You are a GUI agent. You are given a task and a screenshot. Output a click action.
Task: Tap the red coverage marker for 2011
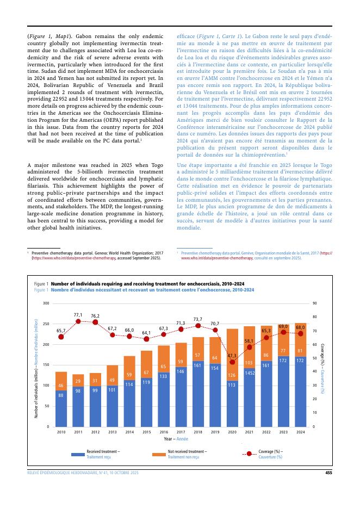tap(78, 321)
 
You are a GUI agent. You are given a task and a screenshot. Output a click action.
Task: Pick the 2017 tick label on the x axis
tap(181, 432)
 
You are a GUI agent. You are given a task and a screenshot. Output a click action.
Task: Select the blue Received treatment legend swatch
tap(77, 454)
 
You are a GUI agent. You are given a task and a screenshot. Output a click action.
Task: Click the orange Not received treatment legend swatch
tap(158, 454)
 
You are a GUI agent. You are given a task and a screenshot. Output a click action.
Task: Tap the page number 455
tap(328, 473)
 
